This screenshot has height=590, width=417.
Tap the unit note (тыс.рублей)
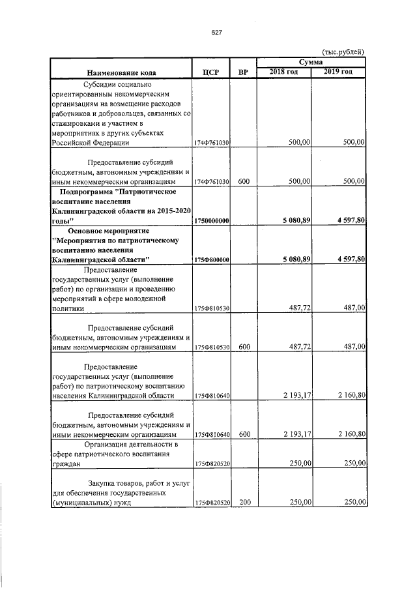pyautogui.click(x=343, y=52)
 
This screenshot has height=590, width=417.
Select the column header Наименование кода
pyautogui.click(x=119, y=72)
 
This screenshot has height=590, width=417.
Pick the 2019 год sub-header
pyautogui.click(x=339, y=71)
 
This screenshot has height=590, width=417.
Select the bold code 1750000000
pyautogui.click(x=210, y=222)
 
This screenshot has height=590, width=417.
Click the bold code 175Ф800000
pyautogui.click(x=210, y=259)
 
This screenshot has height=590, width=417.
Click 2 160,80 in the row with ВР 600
pyautogui.click(x=350, y=433)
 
